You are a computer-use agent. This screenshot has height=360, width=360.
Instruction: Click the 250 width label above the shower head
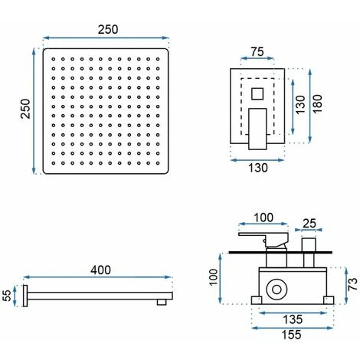point(108,29)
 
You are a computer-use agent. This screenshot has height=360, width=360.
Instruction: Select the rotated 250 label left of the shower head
point(25,109)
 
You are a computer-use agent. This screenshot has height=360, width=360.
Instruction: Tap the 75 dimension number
point(257,52)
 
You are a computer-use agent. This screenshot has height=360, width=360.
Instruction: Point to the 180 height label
point(317,104)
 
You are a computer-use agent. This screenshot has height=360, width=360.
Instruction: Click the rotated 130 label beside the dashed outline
point(300,105)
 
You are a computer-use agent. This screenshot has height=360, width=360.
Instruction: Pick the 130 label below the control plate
point(258,168)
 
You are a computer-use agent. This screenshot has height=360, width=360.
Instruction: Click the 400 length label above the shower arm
point(100,270)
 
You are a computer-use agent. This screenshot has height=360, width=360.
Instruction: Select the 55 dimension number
point(8,296)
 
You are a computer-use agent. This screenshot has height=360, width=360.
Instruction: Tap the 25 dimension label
point(309,224)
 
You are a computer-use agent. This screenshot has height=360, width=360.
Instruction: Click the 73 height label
point(352,284)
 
